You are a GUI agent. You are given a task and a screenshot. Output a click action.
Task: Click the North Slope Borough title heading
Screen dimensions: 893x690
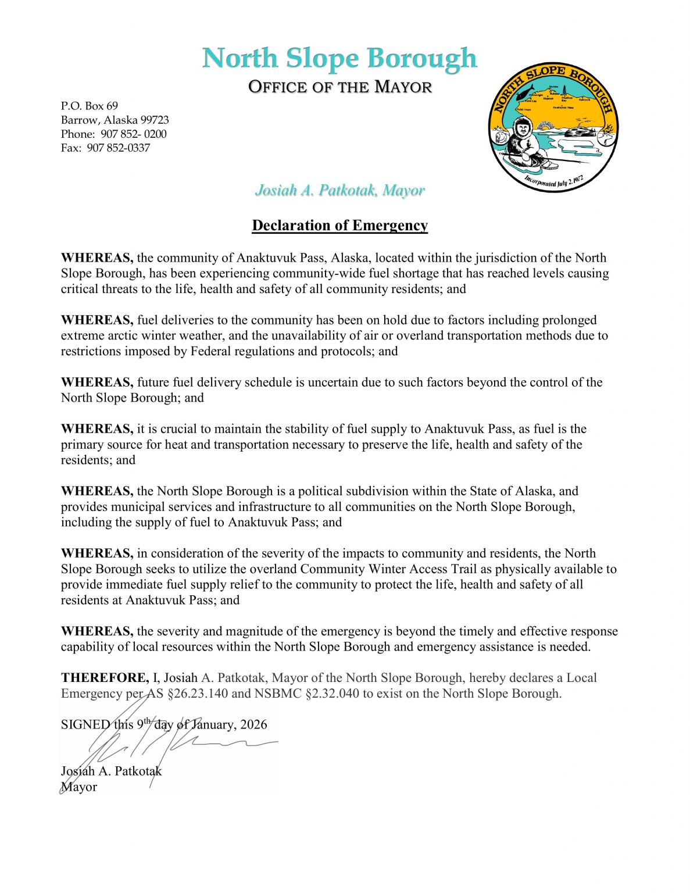click(339, 58)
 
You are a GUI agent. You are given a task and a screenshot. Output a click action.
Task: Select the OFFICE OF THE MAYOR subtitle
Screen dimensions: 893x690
click(340, 87)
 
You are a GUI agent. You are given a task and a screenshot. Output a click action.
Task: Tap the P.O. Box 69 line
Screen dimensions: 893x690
click(90, 106)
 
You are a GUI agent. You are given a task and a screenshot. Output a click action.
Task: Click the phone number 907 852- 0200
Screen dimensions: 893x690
click(134, 134)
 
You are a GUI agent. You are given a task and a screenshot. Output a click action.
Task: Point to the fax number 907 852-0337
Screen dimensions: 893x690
click(119, 148)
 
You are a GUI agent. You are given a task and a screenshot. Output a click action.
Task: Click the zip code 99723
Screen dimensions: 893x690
click(155, 120)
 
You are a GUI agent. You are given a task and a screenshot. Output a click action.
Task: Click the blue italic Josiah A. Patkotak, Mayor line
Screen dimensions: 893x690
click(340, 190)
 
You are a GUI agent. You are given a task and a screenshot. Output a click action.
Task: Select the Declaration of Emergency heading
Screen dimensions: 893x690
click(340, 226)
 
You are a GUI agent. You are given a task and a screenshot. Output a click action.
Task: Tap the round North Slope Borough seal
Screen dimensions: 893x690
click(553, 127)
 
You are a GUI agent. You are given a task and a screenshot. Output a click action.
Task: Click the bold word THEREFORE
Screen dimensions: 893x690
click(105, 678)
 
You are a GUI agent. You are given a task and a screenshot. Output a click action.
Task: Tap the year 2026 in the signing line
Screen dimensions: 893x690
click(253, 725)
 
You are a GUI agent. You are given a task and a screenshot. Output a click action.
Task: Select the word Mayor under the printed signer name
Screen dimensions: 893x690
click(79, 787)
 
